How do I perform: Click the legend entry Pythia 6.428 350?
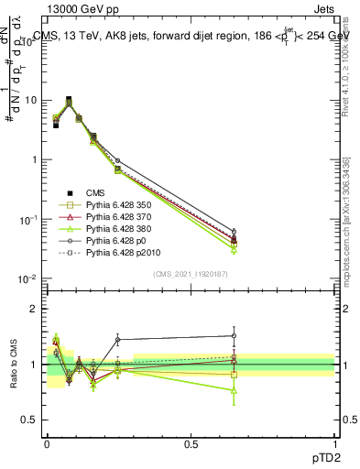118,205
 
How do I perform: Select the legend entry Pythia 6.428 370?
118,217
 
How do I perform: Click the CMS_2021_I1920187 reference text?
191,274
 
